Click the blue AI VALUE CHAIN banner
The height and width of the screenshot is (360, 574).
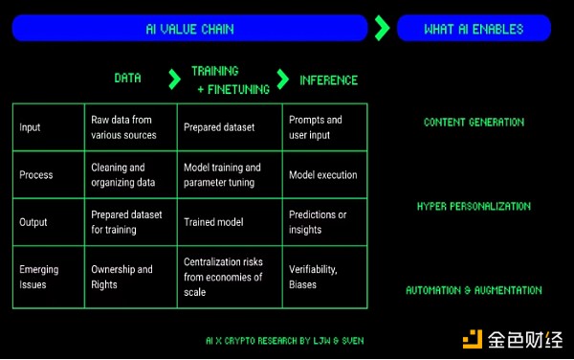(x=189, y=29)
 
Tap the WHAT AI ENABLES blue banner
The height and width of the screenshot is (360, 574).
(x=473, y=29)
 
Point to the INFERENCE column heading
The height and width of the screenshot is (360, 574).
(x=328, y=79)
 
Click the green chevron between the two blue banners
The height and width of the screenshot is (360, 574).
(x=382, y=29)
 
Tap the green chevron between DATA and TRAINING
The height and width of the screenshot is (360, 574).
(x=173, y=79)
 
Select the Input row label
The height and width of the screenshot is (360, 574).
(x=30, y=127)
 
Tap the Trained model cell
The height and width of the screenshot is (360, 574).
(x=213, y=222)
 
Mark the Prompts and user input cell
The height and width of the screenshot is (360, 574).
(x=315, y=127)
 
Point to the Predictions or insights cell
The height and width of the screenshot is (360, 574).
(x=318, y=222)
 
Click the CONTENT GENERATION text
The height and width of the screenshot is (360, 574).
(x=474, y=123)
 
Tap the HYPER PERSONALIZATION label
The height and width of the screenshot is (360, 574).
(x=474, y=206)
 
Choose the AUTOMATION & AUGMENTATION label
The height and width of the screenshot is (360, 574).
(x=474, y=290)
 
